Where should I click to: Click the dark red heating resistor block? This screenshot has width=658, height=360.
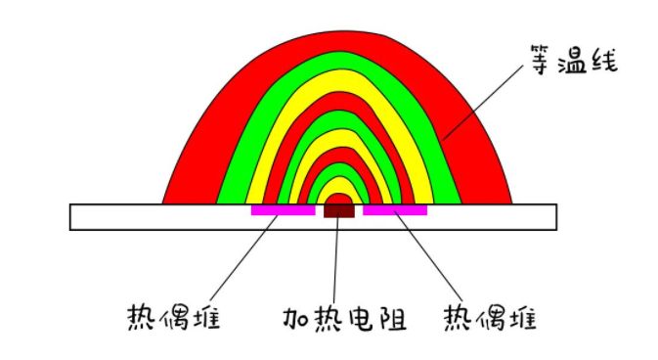338,209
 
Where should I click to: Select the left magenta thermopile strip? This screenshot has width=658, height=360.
283,209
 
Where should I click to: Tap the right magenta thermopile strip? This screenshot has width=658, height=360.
395,209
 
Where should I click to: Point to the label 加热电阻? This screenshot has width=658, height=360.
343,319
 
